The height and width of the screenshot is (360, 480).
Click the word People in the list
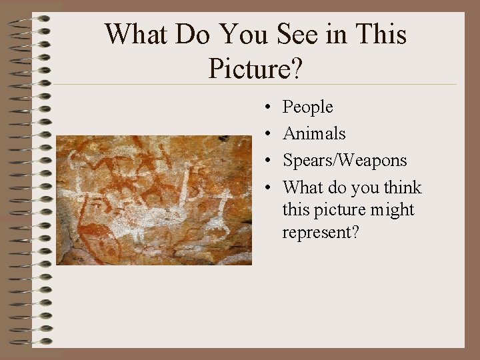click(x=307, y=107)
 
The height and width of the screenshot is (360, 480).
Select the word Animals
click(x=314, y=133)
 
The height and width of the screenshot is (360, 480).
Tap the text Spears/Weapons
click(x=345, y=161)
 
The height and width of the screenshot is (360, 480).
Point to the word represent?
click(x=321, y=233)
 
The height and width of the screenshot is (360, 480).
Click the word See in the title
click(x=297, y=35)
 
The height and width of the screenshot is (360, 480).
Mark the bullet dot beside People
click(x=266, y=107)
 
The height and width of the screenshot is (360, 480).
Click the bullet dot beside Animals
click(x=266, y=134)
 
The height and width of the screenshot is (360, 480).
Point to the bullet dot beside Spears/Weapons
click(x=266, y=161)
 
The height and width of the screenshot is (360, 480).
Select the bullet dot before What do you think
click(x=266, y=188)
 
